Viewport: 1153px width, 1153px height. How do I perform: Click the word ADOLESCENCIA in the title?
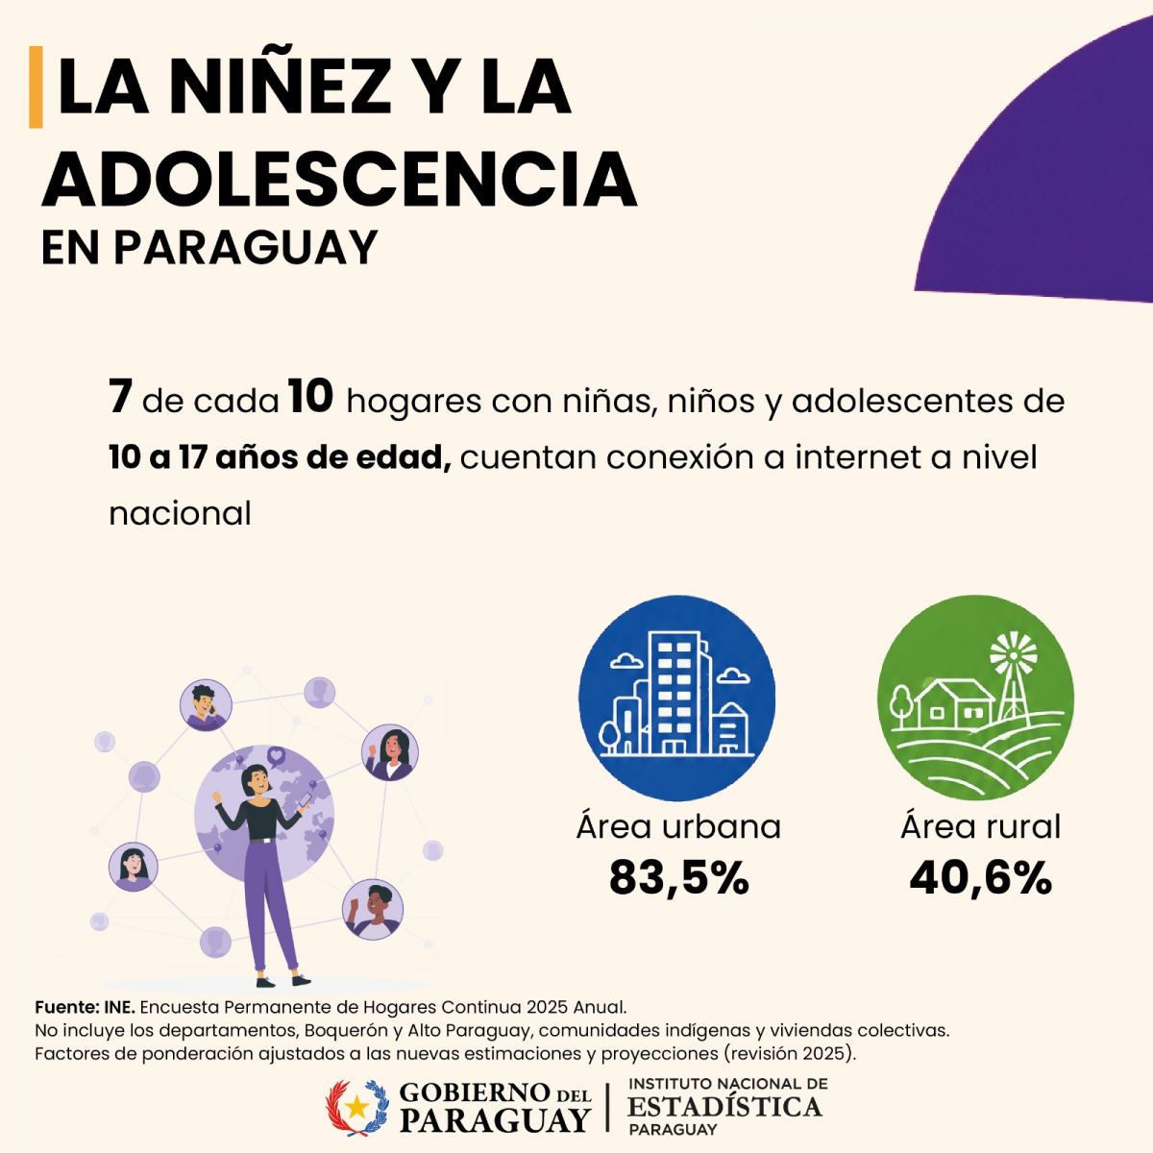tap(338, 180)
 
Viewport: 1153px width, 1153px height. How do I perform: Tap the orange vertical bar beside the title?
tap(36, 86)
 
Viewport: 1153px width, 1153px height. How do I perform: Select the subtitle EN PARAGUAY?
tap(209, 247)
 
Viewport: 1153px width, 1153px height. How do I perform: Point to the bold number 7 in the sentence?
tap(120, 399)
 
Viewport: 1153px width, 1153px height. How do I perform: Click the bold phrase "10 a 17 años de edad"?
tap(280, 457)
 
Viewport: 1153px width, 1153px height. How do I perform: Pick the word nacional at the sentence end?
tap(180, 513)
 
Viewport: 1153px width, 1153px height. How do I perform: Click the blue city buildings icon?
tap(677, 699)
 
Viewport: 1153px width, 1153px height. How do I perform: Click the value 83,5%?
tap(679, 878)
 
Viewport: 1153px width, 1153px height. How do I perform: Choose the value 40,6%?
tap(981, 878)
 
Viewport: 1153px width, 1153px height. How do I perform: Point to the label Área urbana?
tap(679, 825)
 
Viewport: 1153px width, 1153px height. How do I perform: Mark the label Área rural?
tap(981, 825)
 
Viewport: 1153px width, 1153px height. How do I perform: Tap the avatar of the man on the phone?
tap(206, 705)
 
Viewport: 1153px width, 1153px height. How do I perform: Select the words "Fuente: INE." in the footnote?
tap(85, 1007)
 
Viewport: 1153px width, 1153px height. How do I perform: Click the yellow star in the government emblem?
tap(357, 1106)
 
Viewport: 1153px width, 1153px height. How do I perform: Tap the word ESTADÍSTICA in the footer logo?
tap(724, 1106)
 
